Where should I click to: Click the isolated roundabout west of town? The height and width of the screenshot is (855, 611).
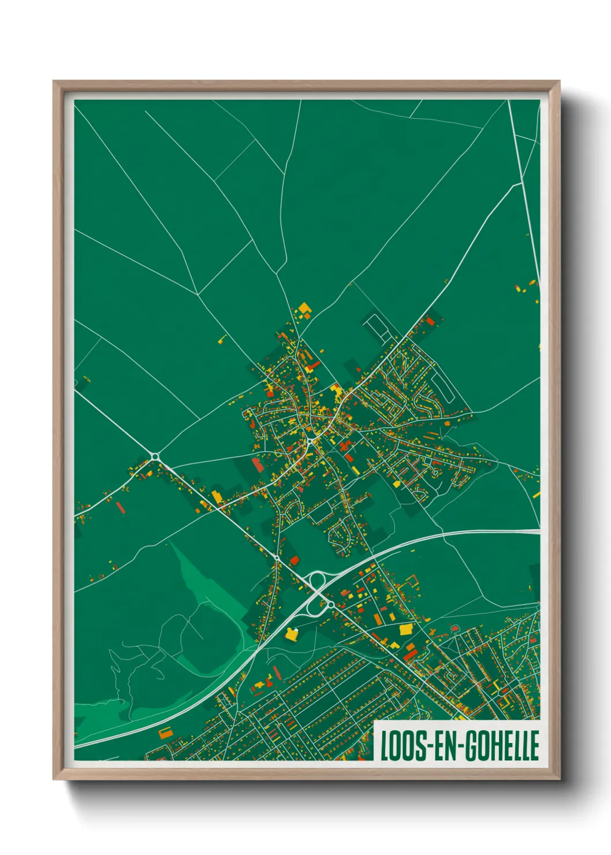(155, 457)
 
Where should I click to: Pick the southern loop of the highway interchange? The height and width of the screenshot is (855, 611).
(313, 607)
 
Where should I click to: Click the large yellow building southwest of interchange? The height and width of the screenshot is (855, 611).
(292, 634)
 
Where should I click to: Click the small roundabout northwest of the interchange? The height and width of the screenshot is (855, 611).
(277, 558)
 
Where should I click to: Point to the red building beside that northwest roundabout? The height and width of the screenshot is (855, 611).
(294, 559)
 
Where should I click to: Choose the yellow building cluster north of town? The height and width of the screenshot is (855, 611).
(304, 309)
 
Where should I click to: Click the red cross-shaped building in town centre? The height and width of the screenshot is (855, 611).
(345, 446)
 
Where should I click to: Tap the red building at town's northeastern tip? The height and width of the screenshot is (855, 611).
(430, 321)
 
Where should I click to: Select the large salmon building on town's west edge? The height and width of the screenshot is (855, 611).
(258, 463)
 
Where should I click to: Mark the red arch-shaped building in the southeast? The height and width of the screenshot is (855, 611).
(454, 627)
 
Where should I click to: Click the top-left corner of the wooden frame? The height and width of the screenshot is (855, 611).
(54, 82)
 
